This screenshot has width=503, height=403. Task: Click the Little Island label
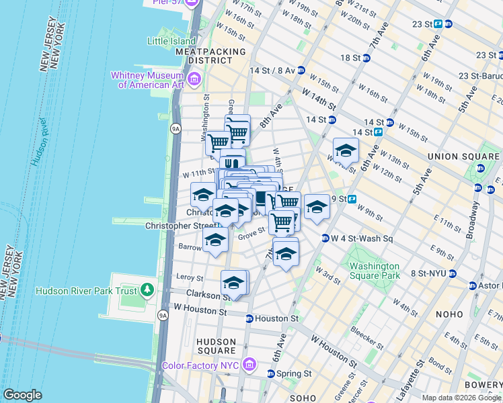pos(171,40)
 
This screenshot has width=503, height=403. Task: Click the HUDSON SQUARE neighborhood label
pos(217,346)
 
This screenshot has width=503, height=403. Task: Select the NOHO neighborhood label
pos(449,314)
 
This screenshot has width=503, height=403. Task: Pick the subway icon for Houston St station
pos(249,319)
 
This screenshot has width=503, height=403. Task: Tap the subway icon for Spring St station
pos(271,373)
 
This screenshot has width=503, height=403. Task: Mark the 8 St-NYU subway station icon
pos(453,274)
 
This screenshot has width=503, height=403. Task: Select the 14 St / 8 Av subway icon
pos(301,70)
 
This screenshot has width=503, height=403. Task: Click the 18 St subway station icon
pos(366,58)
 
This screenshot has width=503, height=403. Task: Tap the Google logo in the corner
pos(22,395)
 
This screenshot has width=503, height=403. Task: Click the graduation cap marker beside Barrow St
pos(215,240)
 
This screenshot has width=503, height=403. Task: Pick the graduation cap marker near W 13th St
pos(345,150)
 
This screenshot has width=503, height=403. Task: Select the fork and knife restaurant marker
pos(232,163)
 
